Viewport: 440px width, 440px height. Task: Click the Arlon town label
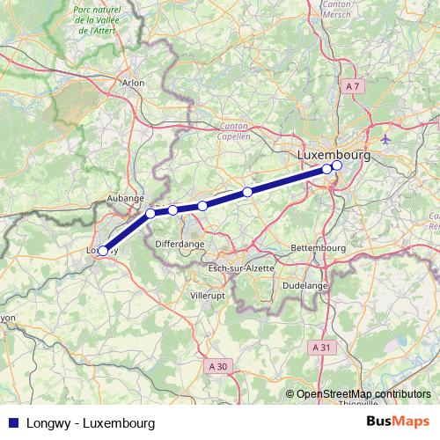(133, 83)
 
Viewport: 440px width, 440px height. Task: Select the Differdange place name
(180, 241)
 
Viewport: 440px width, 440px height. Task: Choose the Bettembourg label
(318, 248)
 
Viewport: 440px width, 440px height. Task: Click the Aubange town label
(125, 200)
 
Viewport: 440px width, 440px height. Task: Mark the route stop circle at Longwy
(103, 251)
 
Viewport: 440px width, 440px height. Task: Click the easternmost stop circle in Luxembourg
(337, 165)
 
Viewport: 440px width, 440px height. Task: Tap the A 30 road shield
(218, 363)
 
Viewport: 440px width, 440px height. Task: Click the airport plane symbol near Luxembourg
(386, 140)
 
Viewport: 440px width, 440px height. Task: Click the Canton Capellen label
(233, 132)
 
